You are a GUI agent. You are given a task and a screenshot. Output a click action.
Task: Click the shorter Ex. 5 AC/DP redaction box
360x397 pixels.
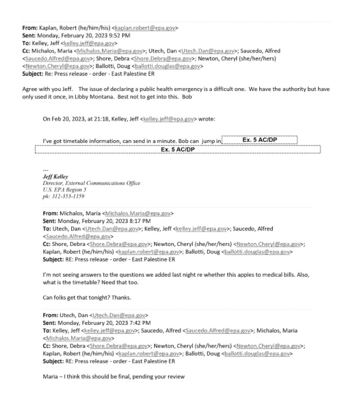(259, 140)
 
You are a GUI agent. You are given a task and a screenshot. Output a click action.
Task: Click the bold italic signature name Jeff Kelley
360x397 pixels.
(55, 177)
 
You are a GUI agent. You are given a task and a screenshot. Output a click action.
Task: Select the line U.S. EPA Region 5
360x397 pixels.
(61, 190)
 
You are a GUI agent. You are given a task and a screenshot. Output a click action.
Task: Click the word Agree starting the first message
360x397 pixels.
(29, 89)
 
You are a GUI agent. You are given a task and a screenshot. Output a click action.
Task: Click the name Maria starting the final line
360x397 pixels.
(50, 377)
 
